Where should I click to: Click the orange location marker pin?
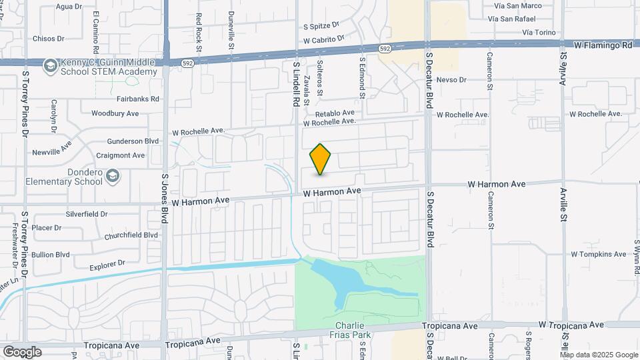point(321,159)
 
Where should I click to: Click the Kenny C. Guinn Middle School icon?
point(50,66)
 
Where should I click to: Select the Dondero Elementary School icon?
point(113,175)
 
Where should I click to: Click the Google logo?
point(22,351)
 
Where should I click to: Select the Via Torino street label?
point(539,32)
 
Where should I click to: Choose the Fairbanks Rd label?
point(137,99)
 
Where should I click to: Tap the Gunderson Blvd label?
point(133,141)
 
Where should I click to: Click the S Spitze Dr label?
point(321,27)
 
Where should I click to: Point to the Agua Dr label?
point(69,7)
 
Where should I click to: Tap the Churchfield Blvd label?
point(131,235)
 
